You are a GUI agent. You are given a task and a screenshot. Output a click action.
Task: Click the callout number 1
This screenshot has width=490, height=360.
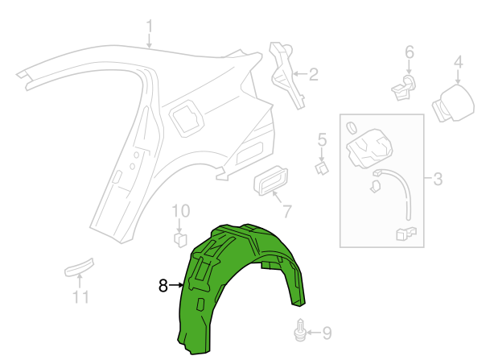150,27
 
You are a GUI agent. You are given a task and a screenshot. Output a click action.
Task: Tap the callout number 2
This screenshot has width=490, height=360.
314,74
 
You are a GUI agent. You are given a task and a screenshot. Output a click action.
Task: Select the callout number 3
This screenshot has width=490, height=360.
438,180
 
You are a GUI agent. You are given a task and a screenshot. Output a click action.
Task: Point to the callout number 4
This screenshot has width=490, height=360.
458,63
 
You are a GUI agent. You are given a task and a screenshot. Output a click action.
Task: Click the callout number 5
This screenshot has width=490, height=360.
322,139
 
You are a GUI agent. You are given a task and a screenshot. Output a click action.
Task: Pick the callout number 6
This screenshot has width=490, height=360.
410,52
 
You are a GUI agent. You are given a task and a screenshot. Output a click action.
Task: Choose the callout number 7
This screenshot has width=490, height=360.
287,212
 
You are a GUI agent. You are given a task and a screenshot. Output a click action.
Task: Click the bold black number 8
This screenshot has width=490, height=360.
163,286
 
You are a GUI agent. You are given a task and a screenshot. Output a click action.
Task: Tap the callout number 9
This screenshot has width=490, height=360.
327,333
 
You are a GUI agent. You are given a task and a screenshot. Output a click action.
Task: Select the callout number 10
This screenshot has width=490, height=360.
180,211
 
